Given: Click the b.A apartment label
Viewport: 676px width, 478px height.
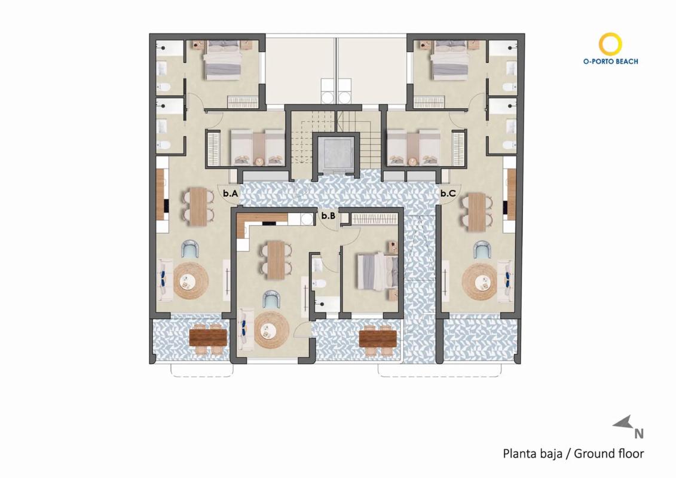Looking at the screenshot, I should (x=231, y=194).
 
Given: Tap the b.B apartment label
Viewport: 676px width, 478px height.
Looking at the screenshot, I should (x=328, y=216).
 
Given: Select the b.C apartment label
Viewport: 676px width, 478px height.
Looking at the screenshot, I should (x=448, y=194).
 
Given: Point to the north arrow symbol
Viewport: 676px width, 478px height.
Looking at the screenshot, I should (x=623, y=423).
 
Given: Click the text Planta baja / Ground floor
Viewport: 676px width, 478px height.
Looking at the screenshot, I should (x=573, y=454).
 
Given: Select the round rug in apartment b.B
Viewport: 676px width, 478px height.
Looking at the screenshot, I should (x=271, y=332).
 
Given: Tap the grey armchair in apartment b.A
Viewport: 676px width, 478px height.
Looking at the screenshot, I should (x=191, y=249).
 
